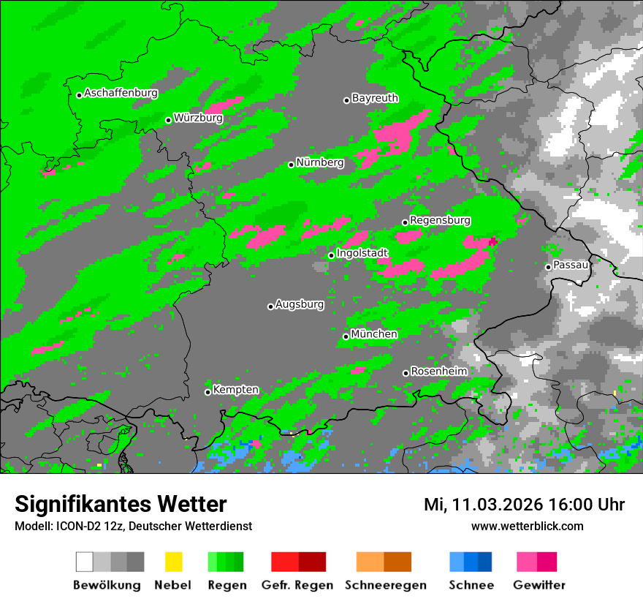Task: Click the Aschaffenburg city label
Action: click(x=121, y=93)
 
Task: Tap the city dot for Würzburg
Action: click(x=168, y=120)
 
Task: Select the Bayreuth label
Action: click(x=375, y=97)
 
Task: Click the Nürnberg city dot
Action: click(x=291, y=165)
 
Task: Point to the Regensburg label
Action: click(x=440, y=220)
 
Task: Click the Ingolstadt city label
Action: click(x=362, y=253)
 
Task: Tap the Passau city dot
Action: click(x=548, y=267)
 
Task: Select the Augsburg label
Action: click(x=299, y=304)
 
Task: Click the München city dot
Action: click(x=346, y=336)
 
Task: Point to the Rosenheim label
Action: click(x=438, y=371)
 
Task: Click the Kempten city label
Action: click(x=235, y=390)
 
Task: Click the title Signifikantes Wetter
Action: click(x=121, y=504)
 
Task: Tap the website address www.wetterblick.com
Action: click(x=527, y=526)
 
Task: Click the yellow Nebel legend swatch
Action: click(x=173, y=562)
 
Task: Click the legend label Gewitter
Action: click(x=539, y=585)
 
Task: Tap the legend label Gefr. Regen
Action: click(x=297, y=585)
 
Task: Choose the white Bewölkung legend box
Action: click(x=84, y=562)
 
